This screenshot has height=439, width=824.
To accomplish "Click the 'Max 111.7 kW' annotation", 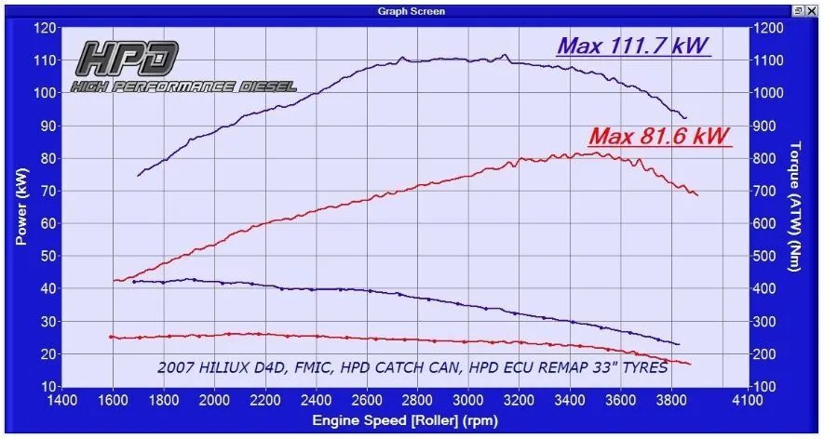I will (x=633, y=45).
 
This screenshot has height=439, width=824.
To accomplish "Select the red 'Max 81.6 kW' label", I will (x=659, y=137).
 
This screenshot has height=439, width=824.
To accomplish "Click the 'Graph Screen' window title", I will (x=412, y=11).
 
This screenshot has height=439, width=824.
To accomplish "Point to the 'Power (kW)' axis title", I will (x=20, y=206).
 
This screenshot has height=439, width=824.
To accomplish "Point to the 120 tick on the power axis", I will (x=45, y=28).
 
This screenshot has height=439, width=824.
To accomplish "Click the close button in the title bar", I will (x=812, y=11).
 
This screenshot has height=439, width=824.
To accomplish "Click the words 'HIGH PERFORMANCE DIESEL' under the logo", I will (x=183, y=86).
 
